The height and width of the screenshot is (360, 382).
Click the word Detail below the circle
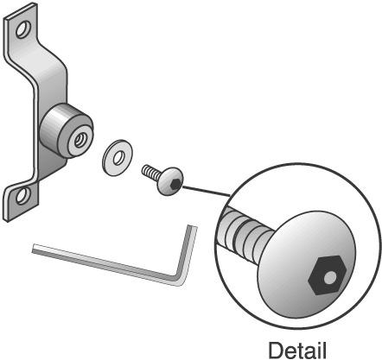pos(297,351)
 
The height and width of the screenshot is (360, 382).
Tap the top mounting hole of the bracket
pos(23,29)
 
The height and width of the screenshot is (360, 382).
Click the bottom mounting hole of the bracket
pos(22,196)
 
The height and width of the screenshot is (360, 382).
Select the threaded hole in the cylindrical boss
pos(79,141)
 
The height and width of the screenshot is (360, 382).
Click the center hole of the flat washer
pos(118,158)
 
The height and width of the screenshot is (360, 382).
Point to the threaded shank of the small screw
pos(150,172)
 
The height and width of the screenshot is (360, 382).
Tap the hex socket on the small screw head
pos(175,184)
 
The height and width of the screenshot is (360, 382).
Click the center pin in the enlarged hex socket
pos(329,278)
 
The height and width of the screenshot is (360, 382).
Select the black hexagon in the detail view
pos(328,275)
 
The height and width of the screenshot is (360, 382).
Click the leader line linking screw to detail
pos(207,192)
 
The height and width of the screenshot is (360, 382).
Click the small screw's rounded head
pos(170,181)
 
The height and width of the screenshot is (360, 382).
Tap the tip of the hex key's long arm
pos(33,249)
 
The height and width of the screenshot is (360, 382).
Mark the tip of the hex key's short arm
pos(193,226)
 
